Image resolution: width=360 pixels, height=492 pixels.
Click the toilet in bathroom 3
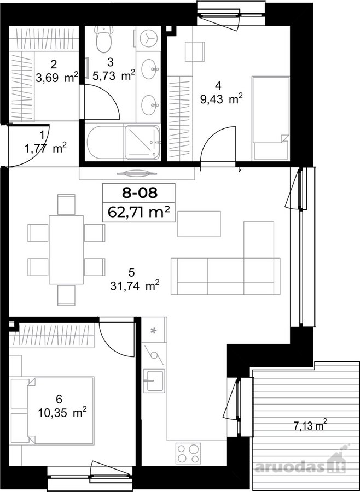coord(104,39)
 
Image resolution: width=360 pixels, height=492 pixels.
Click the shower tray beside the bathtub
coord(142,143)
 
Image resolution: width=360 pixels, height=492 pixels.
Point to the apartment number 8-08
coord(139,192)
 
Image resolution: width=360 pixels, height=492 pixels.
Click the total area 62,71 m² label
coord(139,212)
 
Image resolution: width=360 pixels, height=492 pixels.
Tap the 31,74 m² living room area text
coord(135,285)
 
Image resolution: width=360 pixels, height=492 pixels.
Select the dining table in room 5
coord(66,250)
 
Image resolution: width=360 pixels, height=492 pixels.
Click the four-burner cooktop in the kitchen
coord(188,453)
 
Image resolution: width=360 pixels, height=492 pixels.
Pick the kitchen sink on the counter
coord(154,380)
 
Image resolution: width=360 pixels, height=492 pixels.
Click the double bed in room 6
coord(61,411)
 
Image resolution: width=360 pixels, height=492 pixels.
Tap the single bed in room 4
coord(270,118)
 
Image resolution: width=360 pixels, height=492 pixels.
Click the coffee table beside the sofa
coord(199,224)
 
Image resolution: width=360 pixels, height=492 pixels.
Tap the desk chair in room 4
coord(195,51)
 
